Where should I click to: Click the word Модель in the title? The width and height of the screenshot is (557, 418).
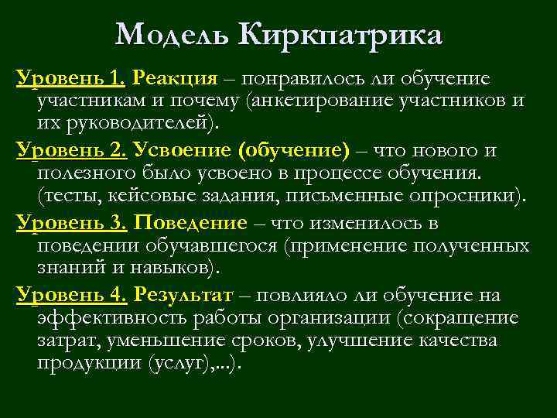click(x=173, y=35)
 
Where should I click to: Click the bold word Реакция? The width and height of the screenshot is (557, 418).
click(x=174, y=78)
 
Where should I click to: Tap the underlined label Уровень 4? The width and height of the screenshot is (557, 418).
click(x=71, y=295)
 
